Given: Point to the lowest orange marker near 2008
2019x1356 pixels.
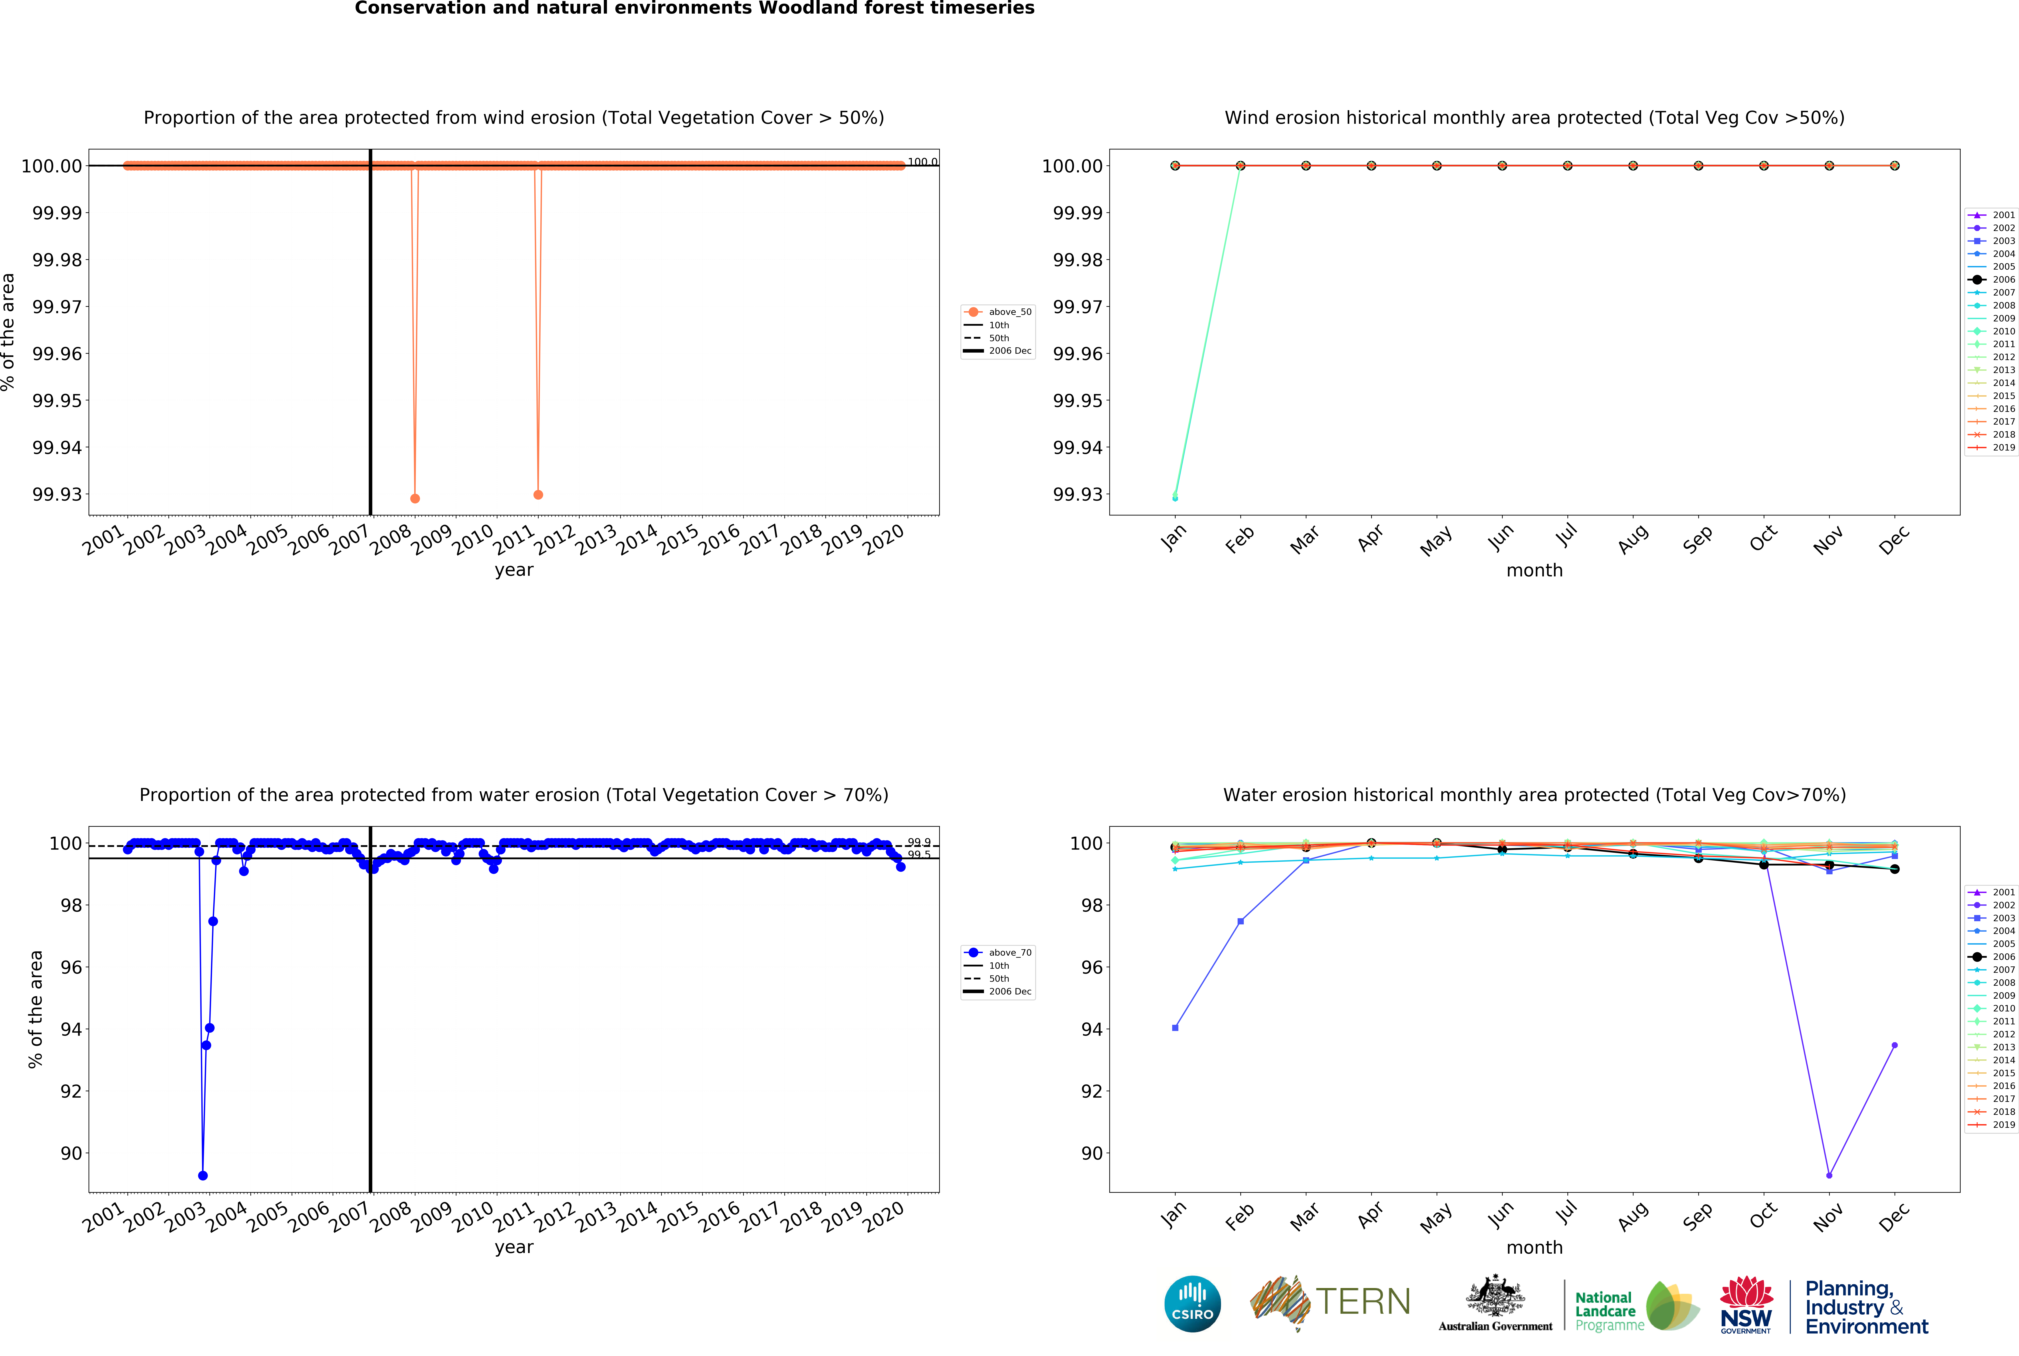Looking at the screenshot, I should [x=415, y=499].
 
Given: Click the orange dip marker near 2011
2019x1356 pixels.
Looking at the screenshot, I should [x=538, y=495].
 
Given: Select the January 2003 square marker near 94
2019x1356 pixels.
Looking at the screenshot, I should [x=1175, y=1028].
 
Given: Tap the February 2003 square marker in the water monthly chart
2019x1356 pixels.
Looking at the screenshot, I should [x=1240, y=922].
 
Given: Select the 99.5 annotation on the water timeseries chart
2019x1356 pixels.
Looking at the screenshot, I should [x=919, y=855].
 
